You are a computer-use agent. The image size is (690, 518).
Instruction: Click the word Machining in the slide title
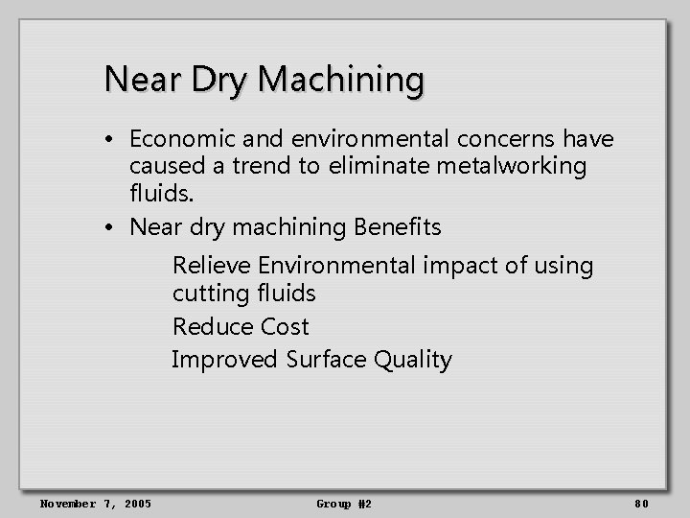[x=341, y=80]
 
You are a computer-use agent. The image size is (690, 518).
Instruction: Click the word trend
[x=259, y=167]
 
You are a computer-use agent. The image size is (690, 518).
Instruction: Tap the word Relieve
[x=212, y=266]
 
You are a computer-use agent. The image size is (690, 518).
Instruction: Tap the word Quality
[x=413, y=360]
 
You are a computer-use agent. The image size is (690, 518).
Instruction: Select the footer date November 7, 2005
[x=95, y=504]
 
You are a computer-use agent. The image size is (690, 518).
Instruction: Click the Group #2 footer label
[x=344, y=504]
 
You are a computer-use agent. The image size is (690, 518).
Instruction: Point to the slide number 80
[x=641, y=504]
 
